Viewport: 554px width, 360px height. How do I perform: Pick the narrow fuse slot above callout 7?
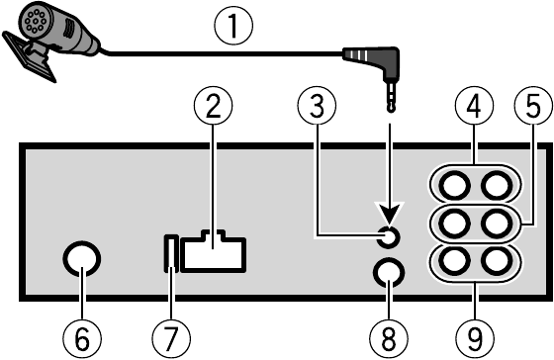[x=170, y=252]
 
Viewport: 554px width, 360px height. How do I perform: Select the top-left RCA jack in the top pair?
[x=453, y=185]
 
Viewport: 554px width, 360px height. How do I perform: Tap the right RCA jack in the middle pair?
[x=499, y=223]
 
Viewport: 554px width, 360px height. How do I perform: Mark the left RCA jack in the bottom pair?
[x=453, y=261]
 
